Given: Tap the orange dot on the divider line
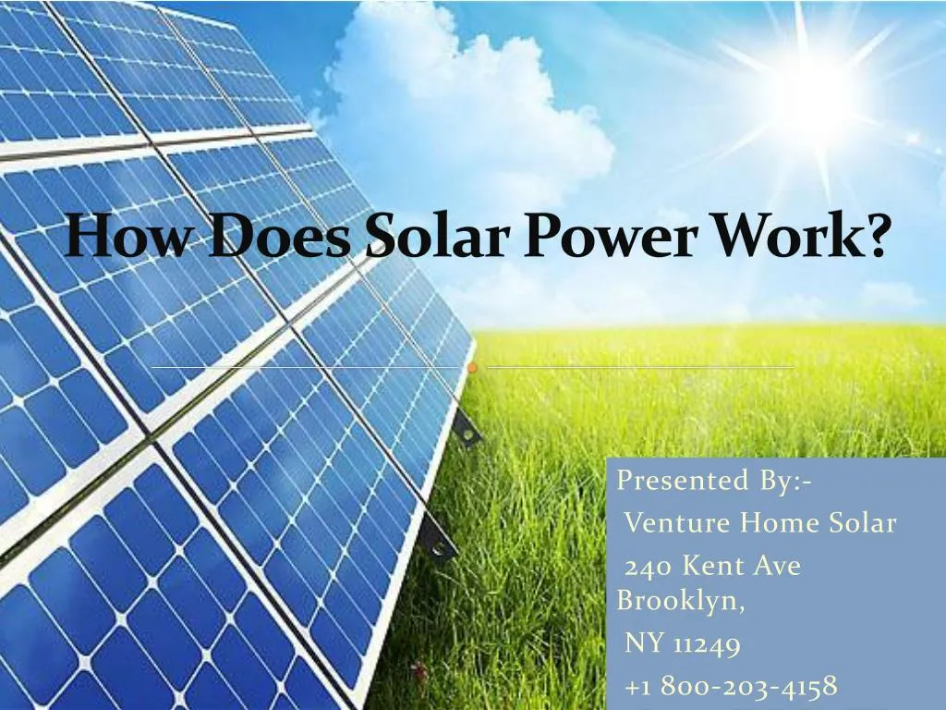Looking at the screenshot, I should coord(472,368).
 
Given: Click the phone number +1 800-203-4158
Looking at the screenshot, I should coord(731,686).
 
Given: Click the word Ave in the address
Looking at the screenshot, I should coord(777,567).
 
